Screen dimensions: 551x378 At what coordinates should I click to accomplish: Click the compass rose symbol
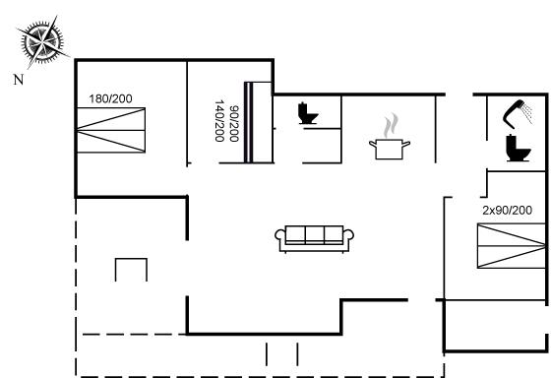coord(42,42)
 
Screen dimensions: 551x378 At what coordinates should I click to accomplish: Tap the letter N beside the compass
coord(19,80)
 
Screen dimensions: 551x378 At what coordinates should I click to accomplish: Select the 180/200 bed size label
coord(110,98)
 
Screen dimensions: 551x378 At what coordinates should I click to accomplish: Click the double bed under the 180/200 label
coord(111,130)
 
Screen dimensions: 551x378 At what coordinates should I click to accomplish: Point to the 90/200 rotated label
coord(234,124)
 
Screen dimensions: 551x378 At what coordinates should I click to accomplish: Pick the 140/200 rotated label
coord(219,121)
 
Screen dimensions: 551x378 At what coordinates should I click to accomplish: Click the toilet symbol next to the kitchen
coord(308,113)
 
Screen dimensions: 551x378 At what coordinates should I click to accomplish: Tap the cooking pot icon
coord(390,149)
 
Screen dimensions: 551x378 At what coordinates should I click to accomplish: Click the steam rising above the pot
coord(392,126)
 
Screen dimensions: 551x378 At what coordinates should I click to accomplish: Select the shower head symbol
coord(519,113)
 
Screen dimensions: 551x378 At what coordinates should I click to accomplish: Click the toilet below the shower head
coord(518,148)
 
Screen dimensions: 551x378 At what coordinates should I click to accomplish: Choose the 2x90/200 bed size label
coord(507,211)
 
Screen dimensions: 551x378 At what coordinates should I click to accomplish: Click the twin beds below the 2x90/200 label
coord(512,246)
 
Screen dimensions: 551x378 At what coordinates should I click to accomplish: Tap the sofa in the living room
coord(314,239)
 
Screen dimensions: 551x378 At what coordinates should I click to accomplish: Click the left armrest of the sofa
coord(280,236)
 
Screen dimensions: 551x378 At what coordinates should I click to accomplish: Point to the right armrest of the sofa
coord(348,236)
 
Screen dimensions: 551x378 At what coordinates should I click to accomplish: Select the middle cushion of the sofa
coord(315,234)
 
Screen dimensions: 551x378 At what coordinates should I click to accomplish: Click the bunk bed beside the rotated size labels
coord(258,122)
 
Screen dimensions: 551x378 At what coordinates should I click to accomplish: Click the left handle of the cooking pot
coord(373,144)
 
